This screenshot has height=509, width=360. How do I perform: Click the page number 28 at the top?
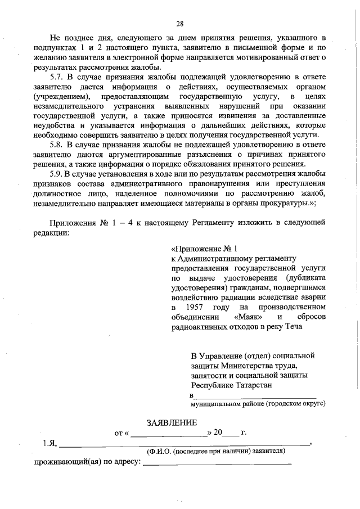tap(180, 23)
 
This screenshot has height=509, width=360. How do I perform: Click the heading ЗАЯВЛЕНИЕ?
tap(172, 422)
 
